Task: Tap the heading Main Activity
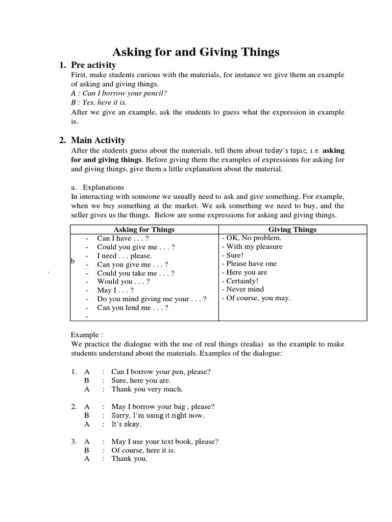click(x=98, y=140)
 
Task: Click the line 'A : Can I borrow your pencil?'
click(x=119, y=93)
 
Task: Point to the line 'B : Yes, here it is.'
click(x=99, y=102)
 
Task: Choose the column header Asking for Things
click(x=144, y=229)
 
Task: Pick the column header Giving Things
click(x=292, y=229)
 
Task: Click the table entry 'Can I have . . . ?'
click(x=122, y=238)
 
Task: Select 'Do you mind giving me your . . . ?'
click(x=152, y=299)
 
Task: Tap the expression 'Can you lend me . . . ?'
click(x=133, y=308)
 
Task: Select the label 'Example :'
click(x=86, y=335)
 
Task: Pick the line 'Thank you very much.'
click(x=147, y=389)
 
